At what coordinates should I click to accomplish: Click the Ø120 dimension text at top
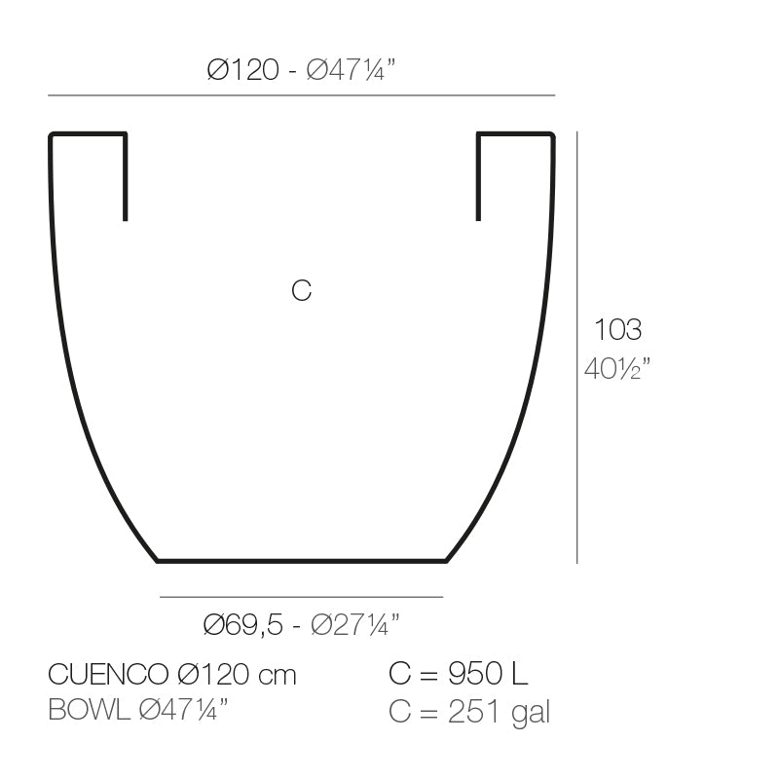[x=242, y=71]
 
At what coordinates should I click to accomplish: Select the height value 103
[x=617, y=330]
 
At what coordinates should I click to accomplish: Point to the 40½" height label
[x=617, y=369]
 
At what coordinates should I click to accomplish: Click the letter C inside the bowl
[x=302, y=290]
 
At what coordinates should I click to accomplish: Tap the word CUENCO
[x=109, y=674]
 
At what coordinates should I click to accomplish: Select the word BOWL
[x=89, y=711]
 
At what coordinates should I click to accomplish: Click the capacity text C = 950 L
[x=458, y=674]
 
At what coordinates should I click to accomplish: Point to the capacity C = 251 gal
[x=469, y=712]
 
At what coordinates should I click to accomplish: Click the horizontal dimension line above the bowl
[x=302, y=95]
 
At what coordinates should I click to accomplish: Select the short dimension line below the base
[x=302, y=597]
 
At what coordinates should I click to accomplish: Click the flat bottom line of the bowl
[x=302, y=561]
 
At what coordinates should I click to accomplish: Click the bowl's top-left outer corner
[x=52, y=134]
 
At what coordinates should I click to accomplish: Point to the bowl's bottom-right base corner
[x=446, y=560]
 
